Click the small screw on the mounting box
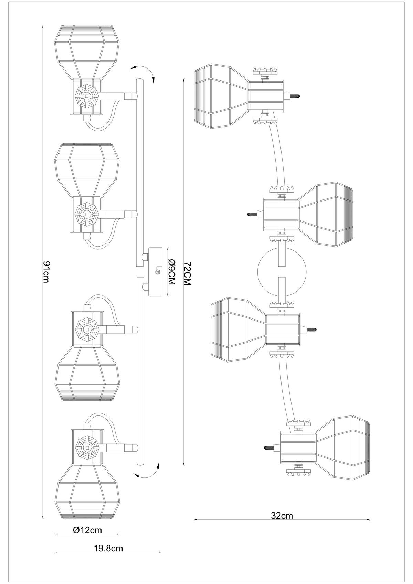[x=157, y=272]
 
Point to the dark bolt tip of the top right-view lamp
[x=295, y=96]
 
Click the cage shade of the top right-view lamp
[x=222, y=96]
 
